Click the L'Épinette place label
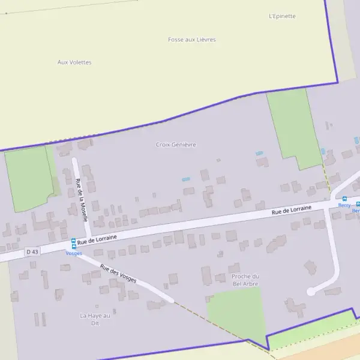tap(282, 16)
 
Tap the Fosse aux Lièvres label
tap(191, 40)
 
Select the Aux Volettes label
tap(74, 62)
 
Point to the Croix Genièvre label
tap(176, 145)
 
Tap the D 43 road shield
tap(32, 252)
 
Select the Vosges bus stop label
tap(74, 253)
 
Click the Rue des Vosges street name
tap(118, 274)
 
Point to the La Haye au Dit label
tap(95, 319)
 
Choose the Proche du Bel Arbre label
tap(245, 280)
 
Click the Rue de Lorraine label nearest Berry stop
tap(292, 209)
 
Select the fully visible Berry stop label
tap(344, 205)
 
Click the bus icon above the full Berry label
tap(344, 199)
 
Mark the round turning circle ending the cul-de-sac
tap(311, 292)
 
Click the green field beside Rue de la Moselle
tap(29, 179)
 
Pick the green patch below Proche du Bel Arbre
tap(237, 312)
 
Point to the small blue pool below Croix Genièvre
tap(186, 179)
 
